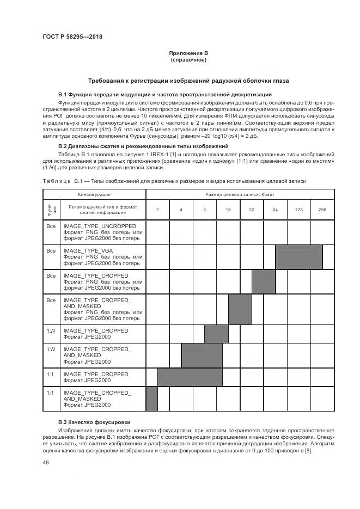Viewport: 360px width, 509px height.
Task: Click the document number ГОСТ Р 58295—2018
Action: [x=72, y=37]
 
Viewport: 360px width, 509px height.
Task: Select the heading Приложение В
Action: [x=188, y=53]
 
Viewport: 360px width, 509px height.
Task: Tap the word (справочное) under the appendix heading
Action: [x=188, y=59]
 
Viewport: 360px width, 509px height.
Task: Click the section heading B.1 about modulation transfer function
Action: [x=164, y=95]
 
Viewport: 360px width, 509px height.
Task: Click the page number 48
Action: [x=46, y=463]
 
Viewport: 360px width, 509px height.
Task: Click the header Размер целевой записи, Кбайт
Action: [x=240, y=194]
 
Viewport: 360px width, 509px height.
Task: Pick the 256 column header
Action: [x=322, y=209]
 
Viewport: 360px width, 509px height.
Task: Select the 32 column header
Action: [x=252, y=209]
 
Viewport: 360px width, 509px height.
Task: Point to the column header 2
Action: [x=157, y=209]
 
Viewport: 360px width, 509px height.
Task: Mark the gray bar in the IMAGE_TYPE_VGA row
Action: [x=298, y=257]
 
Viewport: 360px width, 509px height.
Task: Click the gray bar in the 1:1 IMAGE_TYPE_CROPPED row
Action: [x=190, y=377]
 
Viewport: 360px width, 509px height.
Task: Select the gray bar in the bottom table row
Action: [x=152, y=399]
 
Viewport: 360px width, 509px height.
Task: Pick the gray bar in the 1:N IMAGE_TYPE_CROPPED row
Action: [x=216, y=333]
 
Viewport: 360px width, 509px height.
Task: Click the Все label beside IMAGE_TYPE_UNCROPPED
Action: [x=51, y=225]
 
